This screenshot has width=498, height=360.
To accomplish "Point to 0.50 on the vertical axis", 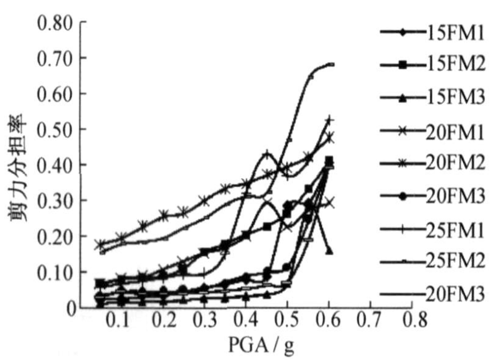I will pyautogui.click(x=55, y=130).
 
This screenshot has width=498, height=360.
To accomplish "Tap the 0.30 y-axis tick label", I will pyautogui.click(x=55, y=201).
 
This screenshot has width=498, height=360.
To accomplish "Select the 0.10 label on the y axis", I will pyautogui.click(x=55, y=272).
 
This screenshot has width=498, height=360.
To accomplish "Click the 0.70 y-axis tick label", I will pyautogui.click(x=55, y=59).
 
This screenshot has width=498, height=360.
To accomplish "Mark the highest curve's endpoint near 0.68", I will pyautogui.click(x=331, y=64).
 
